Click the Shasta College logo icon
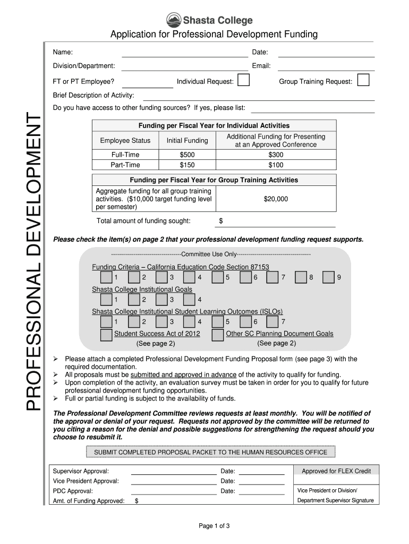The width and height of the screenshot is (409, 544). (x=174, y=20)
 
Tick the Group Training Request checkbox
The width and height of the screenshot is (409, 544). (x=363, y=80)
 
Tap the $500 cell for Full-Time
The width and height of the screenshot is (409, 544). (x=188, y=155)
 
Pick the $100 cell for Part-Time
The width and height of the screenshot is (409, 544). (x=276, y=165)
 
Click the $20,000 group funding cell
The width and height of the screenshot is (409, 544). (x=276, y=199)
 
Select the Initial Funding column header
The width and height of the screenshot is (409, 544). (x=188, y=141)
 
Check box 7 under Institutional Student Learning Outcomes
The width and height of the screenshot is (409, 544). (x=272, y=322)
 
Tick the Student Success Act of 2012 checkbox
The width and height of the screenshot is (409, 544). (x=106, y=335)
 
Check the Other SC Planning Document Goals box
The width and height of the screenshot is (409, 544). (x=218, y=335)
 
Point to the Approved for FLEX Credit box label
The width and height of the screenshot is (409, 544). (x=336, y=471)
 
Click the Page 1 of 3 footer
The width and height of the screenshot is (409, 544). (x=214, y=526)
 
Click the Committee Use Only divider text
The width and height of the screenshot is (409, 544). (x=211, y=254)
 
